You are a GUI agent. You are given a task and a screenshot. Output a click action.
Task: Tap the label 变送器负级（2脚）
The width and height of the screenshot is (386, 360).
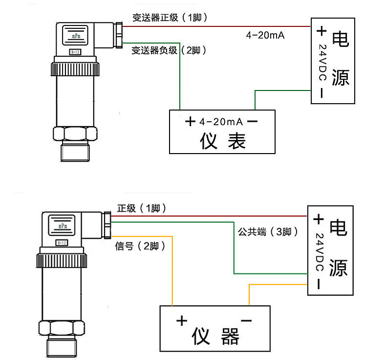(x=168, y=50)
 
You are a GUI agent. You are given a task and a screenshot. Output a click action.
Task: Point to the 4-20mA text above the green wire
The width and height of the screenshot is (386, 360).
(x=265, y=36)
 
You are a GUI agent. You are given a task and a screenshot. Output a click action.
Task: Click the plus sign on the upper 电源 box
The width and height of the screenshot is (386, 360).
(x=321, y=32)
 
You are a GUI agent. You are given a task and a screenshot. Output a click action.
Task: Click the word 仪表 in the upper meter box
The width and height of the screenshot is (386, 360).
(x=222, y=141)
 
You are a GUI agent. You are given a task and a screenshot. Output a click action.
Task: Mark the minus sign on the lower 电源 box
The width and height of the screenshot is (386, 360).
(x=319, y=284)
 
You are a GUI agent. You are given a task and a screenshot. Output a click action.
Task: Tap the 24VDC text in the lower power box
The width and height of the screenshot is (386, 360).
(x=320, y=252)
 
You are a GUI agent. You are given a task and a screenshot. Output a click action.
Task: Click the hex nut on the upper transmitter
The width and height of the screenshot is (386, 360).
(x=75, y=135)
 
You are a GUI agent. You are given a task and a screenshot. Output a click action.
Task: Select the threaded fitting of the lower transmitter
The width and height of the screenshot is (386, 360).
(x=64, y=348)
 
